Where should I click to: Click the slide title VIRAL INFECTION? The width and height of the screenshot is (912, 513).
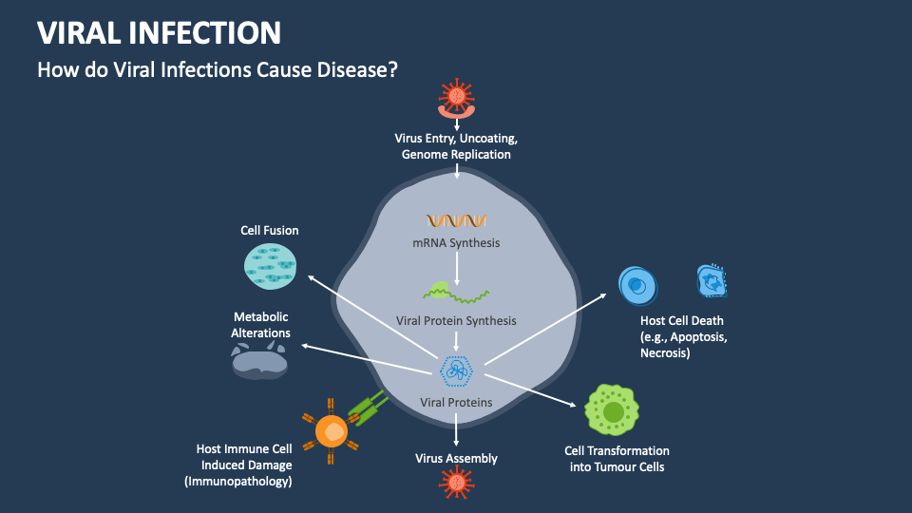pos(159,32)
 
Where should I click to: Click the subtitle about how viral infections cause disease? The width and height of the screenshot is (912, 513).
pos(217,70)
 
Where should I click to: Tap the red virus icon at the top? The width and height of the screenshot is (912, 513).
pos(457,96)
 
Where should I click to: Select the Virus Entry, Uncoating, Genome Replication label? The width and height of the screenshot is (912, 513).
pos(456,146)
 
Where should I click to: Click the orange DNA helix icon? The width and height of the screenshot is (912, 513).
pos(456,220)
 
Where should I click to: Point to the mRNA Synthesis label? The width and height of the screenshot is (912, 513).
pos(456,243)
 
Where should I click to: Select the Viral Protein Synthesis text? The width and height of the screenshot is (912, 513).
pos(456,320)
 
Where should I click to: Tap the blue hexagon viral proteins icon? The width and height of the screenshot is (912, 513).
pos(457,370)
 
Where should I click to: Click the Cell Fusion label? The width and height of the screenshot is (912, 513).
pos(269,230)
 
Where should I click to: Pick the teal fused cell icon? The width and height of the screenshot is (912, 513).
pos(274,266)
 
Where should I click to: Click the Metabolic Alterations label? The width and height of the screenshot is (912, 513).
pos(260,325)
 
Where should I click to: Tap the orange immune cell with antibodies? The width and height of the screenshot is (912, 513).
pos(332,431)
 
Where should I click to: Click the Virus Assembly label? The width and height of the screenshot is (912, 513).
pos(456,459)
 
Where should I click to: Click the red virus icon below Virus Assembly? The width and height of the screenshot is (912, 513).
pos(457,484)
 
